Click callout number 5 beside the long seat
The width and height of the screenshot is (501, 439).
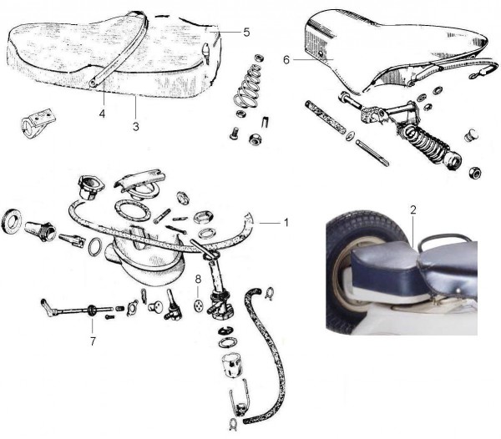(246, 32)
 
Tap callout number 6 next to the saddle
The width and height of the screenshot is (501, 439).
(286, 60)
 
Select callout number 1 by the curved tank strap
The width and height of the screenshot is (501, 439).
(286, 222)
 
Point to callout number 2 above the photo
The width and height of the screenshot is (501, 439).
(413, 209)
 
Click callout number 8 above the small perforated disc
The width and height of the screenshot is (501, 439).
(198, 279)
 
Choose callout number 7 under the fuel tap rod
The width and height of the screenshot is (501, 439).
(93, 341)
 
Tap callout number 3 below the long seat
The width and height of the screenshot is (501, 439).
(136, 126)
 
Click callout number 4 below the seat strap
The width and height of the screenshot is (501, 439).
(102, 114)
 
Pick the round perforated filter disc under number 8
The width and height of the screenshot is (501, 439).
(199, 305)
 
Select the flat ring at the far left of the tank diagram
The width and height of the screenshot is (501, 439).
(12, 220)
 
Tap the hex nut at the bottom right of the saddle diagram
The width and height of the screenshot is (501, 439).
(475, 173)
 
